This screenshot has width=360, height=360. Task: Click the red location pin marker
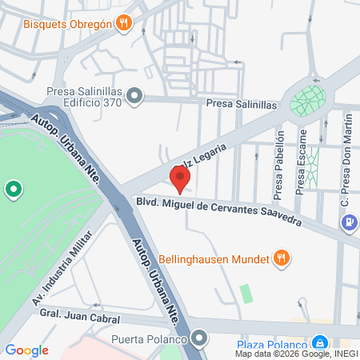tap(179, 178)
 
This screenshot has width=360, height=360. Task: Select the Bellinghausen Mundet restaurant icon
tap(281, 258)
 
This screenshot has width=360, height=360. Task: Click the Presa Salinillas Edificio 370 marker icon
tap(134, 97)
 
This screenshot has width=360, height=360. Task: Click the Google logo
tap(26, 350)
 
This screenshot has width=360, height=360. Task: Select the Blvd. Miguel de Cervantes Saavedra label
tap(218, 211)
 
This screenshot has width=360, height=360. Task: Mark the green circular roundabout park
tap(308, 99)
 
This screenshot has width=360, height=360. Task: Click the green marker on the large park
tap(14, 190)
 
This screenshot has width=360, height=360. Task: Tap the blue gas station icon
tap(349, 222)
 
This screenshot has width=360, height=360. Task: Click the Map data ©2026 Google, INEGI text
tap(297, 354)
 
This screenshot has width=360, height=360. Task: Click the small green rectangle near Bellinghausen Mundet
tap(246, 293)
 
